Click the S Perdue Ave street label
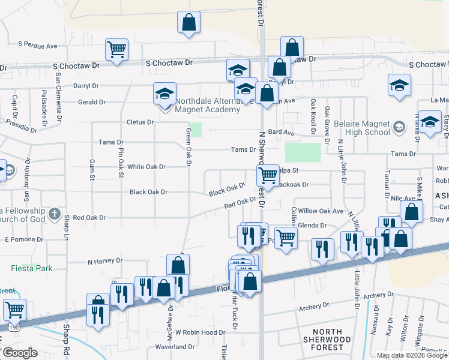37,45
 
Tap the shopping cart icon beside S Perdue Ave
116,49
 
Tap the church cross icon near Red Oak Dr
54,214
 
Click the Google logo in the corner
20,353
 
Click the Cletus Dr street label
140,122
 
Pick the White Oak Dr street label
146,167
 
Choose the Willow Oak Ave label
321,211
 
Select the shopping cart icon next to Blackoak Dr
267,175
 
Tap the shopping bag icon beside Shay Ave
411,211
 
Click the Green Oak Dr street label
188,147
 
